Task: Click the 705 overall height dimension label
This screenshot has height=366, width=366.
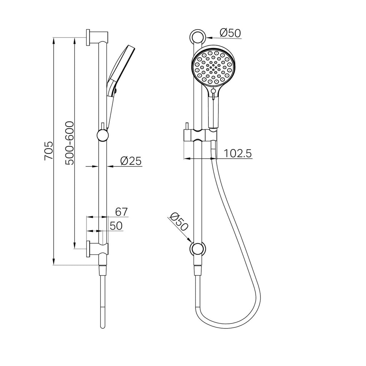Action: coord(49,150)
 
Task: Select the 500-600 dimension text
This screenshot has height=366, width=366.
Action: coord(69,143)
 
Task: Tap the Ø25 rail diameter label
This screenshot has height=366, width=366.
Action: coord(131,161)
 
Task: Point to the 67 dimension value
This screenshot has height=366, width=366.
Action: coord(122,212)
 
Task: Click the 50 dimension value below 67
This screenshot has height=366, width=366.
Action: coord(116,226)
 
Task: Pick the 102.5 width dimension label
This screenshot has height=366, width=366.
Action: coord(238,153)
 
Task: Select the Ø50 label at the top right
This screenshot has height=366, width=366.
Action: coord(231,33)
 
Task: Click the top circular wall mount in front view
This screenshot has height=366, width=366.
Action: coord(198,36)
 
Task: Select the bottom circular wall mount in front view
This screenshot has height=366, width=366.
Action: coord(198,249)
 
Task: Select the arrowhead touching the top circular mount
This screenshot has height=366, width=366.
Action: coord(209,36)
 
